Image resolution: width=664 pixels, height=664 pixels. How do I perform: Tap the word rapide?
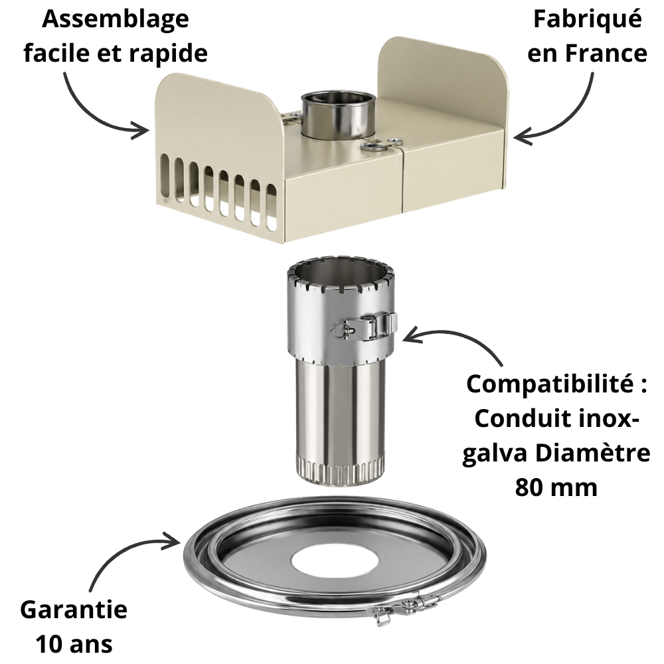168,53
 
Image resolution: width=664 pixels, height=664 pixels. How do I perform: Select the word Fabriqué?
587,19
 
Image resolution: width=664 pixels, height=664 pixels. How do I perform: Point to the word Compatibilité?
551,384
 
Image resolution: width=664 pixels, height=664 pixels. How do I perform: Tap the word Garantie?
74,610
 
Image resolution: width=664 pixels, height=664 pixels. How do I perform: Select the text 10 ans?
74,643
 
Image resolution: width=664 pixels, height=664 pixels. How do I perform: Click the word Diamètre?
592,453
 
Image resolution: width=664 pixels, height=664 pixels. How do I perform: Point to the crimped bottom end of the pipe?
339,470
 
